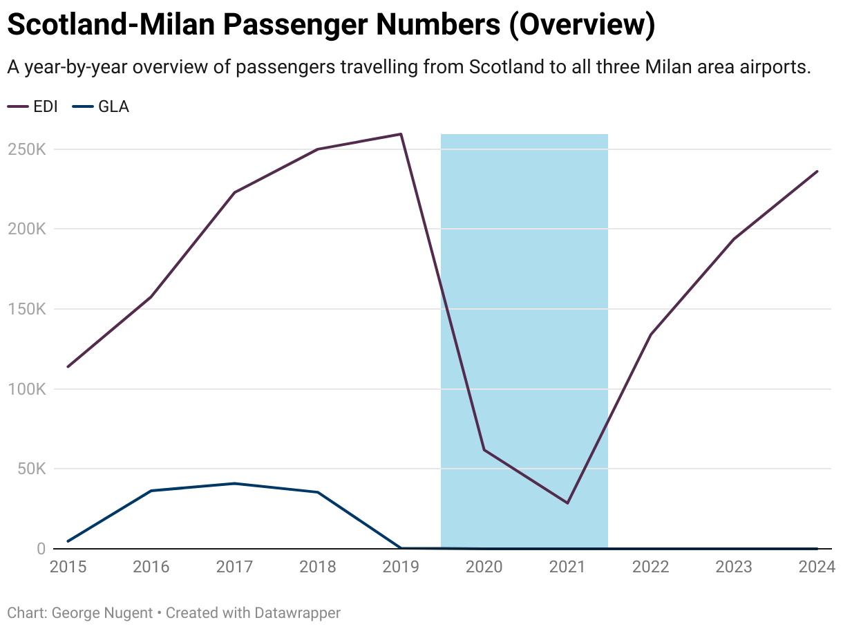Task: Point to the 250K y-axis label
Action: coord(26,149)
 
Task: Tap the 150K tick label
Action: coord(26,309)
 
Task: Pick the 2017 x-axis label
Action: coord(234,567)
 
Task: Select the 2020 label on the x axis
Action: coord(484,567)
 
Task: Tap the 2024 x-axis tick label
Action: coord(817,567)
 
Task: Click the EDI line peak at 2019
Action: coord(401,134)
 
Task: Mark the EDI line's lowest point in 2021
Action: coord(567,503)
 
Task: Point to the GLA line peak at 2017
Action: coord(234,483)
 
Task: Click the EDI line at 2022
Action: coord(650,335)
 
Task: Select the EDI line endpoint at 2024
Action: coord(817,171)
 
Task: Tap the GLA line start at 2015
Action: coord(68,541)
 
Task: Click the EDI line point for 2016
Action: coord(151,297)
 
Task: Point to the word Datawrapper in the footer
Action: coord(297,612)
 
